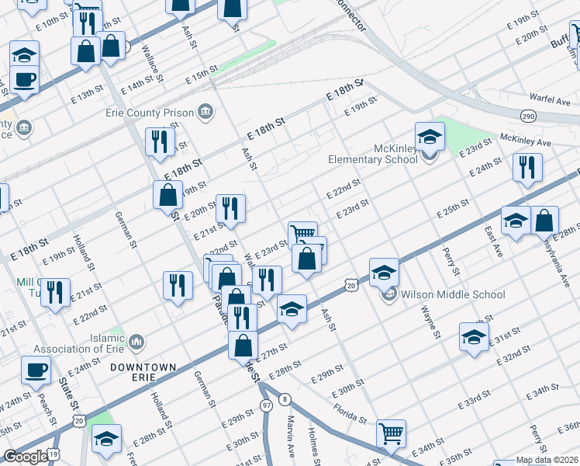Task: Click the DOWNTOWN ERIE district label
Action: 143,371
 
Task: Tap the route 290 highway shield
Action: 528,116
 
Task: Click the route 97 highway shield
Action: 267,405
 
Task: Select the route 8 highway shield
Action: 285,399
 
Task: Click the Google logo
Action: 25,457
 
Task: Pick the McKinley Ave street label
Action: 525,140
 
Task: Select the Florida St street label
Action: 350,413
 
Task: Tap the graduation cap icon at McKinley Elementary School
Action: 430,137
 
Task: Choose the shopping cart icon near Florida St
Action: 391,433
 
